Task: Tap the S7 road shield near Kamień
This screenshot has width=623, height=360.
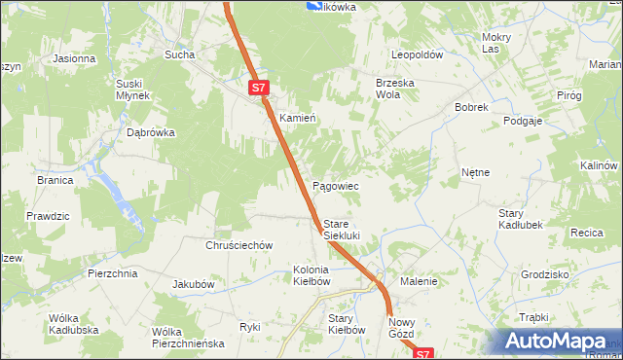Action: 257,88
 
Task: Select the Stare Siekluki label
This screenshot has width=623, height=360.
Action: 342,230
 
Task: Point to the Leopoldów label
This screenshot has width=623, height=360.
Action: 418,55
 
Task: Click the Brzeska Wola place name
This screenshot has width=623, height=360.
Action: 395,90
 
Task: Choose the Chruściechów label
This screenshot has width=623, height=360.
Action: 238,246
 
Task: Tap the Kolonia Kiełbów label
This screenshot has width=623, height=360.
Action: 312,275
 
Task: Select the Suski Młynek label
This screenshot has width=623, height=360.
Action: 132,90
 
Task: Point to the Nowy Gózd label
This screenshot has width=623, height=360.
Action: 402,328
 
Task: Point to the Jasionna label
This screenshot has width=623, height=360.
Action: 74,58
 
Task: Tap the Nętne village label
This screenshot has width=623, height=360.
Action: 475,172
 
